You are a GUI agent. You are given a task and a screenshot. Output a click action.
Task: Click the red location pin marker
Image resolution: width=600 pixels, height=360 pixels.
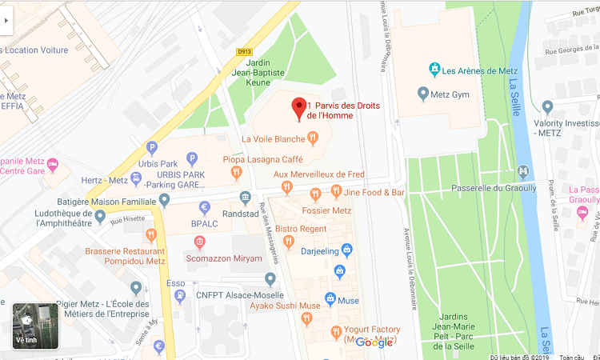pos(300,108)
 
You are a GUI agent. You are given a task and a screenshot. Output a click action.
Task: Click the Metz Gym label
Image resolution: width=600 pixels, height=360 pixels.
pos(450,94)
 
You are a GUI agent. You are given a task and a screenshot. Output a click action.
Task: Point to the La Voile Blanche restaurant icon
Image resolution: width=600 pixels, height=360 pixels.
pos(313,138)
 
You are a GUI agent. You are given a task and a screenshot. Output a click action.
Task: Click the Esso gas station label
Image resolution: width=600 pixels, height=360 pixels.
pos(175,283)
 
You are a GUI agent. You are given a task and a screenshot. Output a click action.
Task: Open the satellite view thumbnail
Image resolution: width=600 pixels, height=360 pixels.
pos(35,326)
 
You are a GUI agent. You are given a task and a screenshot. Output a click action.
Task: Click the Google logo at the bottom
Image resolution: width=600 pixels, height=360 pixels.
pos(374,342)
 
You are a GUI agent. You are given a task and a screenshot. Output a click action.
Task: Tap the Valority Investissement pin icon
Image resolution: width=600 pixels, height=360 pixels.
pos(547,106)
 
